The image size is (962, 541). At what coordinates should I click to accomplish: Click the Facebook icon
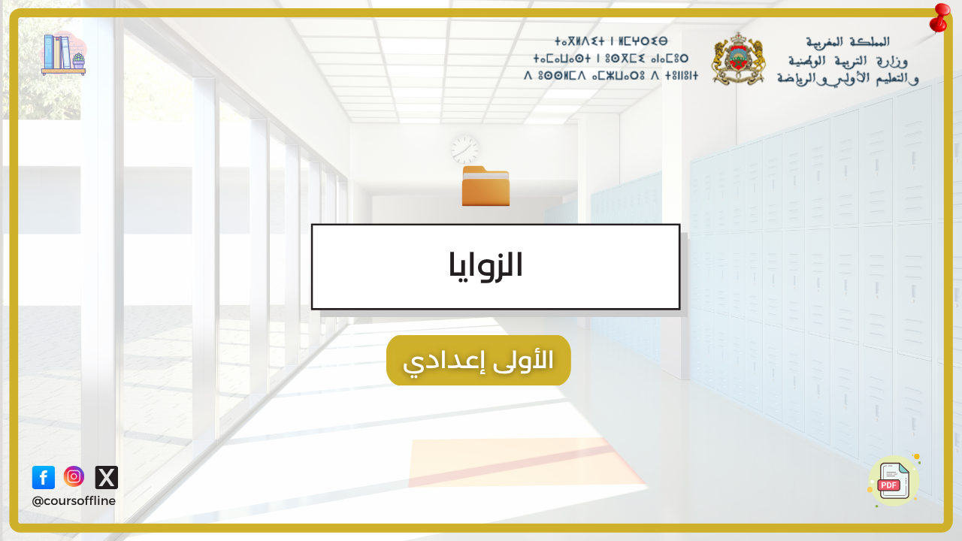pyautogui.click(x=44, y=477)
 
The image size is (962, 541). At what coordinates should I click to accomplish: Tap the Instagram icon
pyautogui.click(x=74, y=476)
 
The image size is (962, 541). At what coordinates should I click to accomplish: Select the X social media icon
pyautogui.click(x=107, y=477)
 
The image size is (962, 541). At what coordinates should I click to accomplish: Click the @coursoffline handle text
pyautogui.click(x=74, y=501)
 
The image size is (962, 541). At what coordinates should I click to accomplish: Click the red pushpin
pyautogui.click(x=939, y=18)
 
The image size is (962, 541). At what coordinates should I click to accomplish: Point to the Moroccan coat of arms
pyautogui.click(x=738, y=59)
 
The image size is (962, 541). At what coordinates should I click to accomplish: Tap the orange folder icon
pyautogui.click(x=486, y=186)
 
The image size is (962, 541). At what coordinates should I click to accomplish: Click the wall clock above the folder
pyautogui.click(x=464, y=150)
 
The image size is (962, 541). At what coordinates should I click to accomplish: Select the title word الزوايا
pyautogui.click(x=486, y=265)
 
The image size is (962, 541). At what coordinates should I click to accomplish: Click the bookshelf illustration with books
pyautogui.click(x=64, y=54)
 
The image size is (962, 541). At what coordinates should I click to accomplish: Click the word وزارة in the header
pyautogui.click(x=891, y=62)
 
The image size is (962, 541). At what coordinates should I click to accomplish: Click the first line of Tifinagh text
pyautogui.click(x=611, y=41)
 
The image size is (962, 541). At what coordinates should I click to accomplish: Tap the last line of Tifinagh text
pyautogui.click(x=611, y=76)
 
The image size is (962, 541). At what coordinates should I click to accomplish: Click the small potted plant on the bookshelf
pyautogui.click(x=79, y=61)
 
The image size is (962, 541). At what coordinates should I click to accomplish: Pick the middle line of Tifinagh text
pyautogui.click(x=611, y=59)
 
